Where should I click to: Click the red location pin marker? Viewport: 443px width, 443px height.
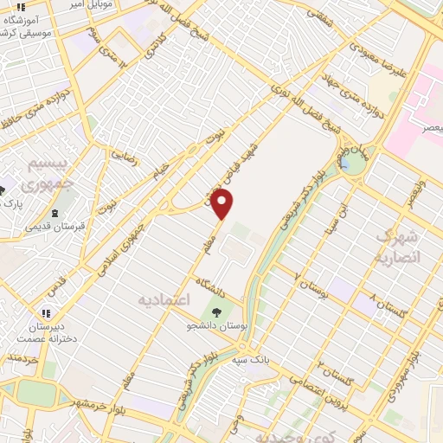(x=223, y=205)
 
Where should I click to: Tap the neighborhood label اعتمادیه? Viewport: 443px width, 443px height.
(x=164, y=299)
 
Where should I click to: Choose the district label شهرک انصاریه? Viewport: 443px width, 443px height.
(x=397, y=247)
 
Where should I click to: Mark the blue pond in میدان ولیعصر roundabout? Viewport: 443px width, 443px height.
(x=347, y=162)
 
